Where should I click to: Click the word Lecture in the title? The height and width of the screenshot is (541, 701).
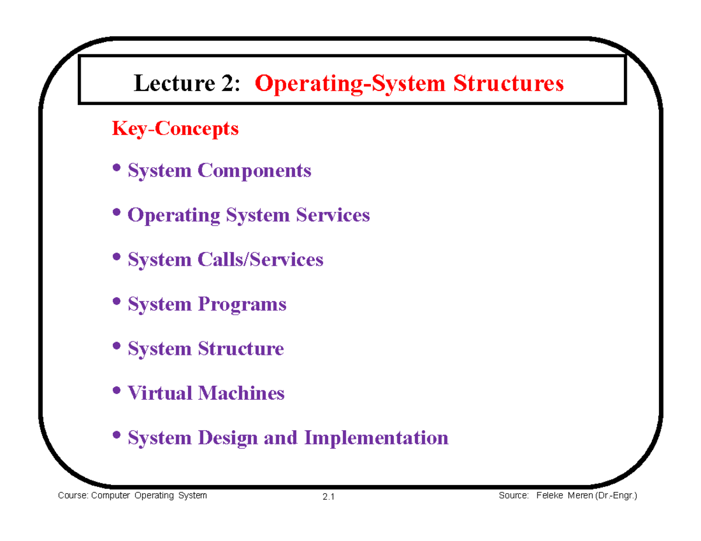175,83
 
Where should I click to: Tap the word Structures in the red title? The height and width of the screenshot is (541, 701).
508,83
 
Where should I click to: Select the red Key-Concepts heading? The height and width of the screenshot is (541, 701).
175,129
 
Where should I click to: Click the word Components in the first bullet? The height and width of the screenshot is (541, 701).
254,170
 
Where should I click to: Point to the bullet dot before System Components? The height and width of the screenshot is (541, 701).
116,167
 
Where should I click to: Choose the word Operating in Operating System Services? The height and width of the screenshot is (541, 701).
174,215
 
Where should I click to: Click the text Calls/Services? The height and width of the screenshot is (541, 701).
261,259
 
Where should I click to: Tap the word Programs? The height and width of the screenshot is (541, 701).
242,304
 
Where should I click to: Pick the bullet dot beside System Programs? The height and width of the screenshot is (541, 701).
116,301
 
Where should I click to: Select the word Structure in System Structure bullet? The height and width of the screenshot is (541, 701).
241,348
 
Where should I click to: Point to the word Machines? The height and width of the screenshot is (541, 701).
241,393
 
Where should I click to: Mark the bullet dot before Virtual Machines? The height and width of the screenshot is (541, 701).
116,390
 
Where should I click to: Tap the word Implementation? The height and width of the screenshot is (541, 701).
376,438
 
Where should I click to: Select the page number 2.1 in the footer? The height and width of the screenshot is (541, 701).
328,497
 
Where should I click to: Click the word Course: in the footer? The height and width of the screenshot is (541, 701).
73,495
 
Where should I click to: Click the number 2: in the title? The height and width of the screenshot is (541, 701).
231,83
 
